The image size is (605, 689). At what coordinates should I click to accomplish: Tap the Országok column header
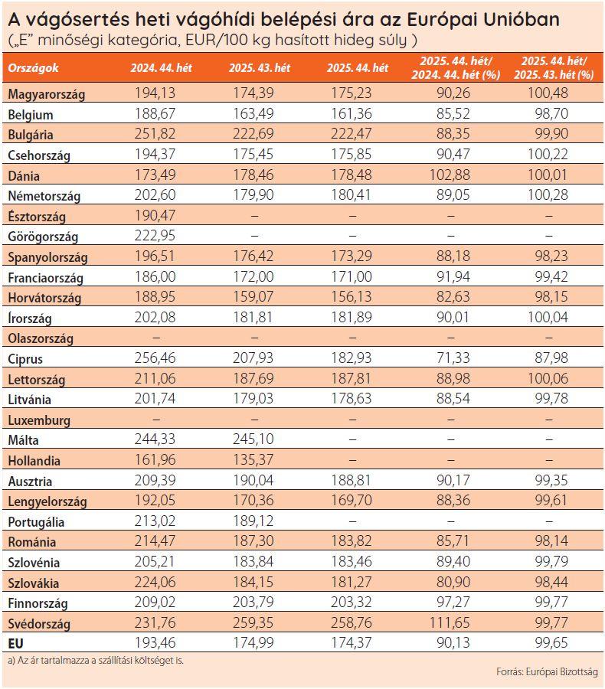click(x=34, y=68)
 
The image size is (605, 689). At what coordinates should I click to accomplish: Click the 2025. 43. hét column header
click(x=260, y=68)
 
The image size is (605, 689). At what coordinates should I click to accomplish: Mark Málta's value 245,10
click(x=260, y=439)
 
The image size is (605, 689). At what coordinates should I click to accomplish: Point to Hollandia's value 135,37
click(x=260, y=460)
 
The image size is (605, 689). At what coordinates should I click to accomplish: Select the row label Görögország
click(x=43, y=237)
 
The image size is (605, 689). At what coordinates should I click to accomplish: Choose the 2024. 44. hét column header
click(x=161, y=68)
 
